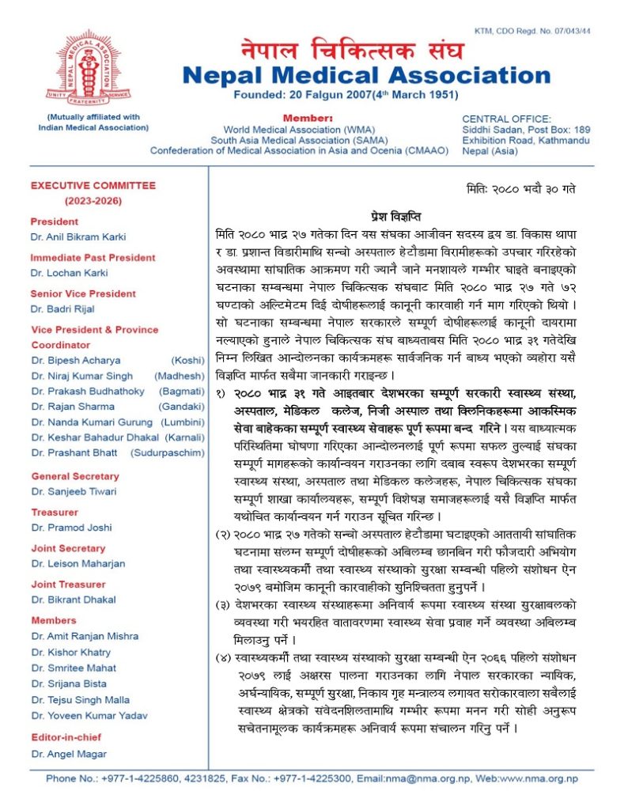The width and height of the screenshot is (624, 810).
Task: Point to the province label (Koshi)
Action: (x=187, y=361)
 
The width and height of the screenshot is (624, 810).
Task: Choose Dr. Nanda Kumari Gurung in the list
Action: (x=93, y=422)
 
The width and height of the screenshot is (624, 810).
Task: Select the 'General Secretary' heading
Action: (x=75, y=476)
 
